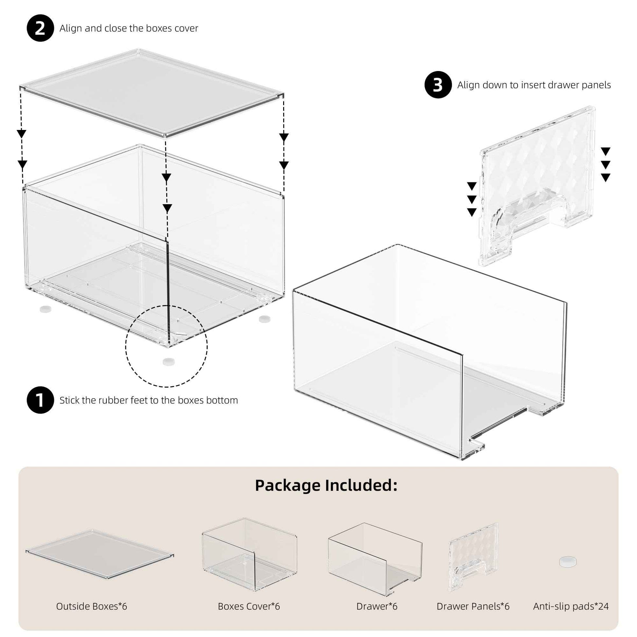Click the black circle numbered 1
pos(40,400)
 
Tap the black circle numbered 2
pos(40,28)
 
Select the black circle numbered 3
pos(438,85)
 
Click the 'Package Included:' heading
pos(326,485)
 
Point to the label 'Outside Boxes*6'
pos(92,606)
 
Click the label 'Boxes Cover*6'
pos(248,606)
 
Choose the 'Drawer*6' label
pos(376,606)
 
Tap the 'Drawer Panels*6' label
pos(473,606)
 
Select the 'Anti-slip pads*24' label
pos(571,606)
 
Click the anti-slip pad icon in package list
pos(568,561)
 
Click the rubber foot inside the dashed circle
pos(169,361)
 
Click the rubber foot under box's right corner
pos(264,318)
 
